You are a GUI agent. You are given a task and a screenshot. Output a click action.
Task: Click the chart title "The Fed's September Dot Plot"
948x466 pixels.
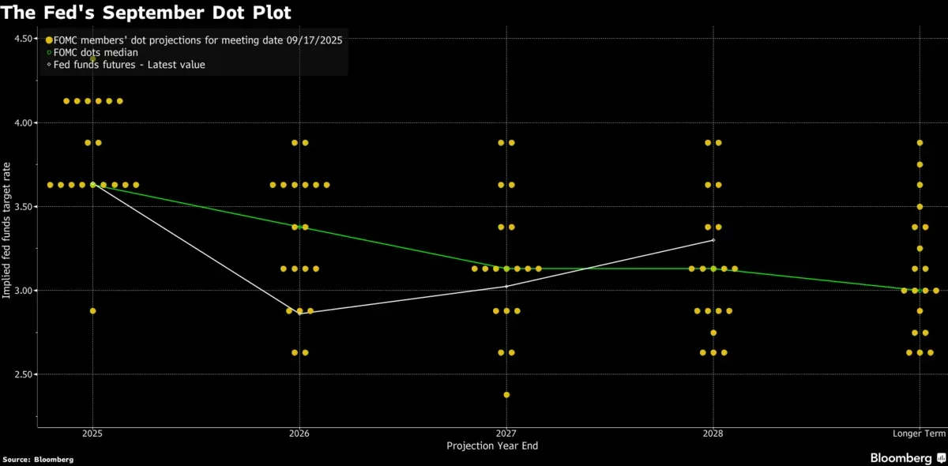146,13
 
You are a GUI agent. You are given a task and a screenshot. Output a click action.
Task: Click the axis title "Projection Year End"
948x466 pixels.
492,446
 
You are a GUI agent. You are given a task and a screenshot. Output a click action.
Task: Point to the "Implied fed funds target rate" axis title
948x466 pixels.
7,229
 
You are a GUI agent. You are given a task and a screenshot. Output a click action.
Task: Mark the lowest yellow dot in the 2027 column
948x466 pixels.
506,395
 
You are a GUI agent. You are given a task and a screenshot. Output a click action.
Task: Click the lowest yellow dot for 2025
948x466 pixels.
92,311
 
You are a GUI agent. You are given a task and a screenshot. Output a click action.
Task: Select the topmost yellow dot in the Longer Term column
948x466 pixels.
920,143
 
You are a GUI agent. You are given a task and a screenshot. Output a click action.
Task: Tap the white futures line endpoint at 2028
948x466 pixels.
713,240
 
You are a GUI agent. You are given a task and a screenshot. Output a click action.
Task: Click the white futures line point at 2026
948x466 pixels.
299,314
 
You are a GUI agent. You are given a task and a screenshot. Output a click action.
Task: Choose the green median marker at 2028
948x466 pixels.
713,269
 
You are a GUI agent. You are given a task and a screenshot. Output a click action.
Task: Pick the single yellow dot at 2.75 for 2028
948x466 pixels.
713,333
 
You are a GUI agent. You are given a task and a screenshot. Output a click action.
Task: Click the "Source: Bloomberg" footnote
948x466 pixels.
38,459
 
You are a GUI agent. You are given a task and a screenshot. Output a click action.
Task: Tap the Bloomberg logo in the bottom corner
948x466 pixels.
906,458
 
